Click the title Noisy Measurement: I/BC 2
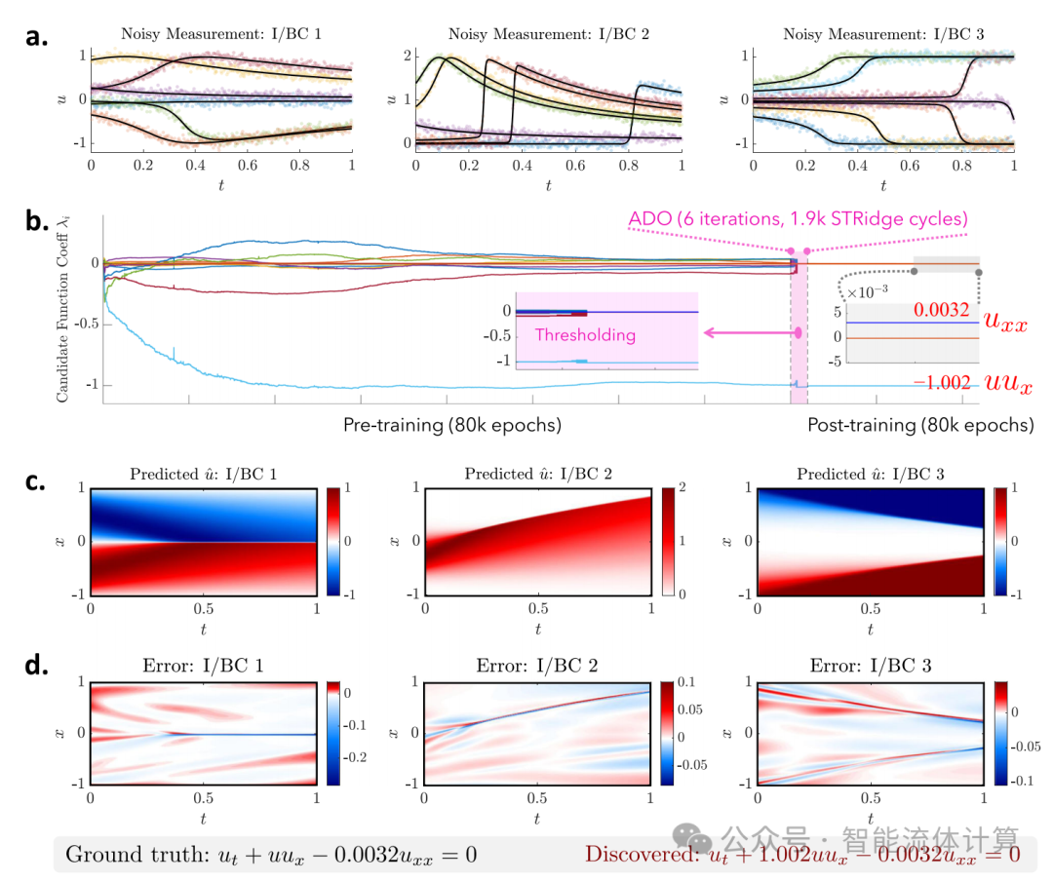tap(548, 34)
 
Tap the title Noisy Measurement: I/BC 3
tap(883, 34)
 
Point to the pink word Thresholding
tap(585, 335)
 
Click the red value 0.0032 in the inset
tap(940, 311)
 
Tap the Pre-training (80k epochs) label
tap(451, 425)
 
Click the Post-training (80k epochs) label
tap(920, 425)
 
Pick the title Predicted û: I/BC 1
tap(202, 475)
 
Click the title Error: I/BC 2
tap(538, 667)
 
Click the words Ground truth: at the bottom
tap(128, 855)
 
